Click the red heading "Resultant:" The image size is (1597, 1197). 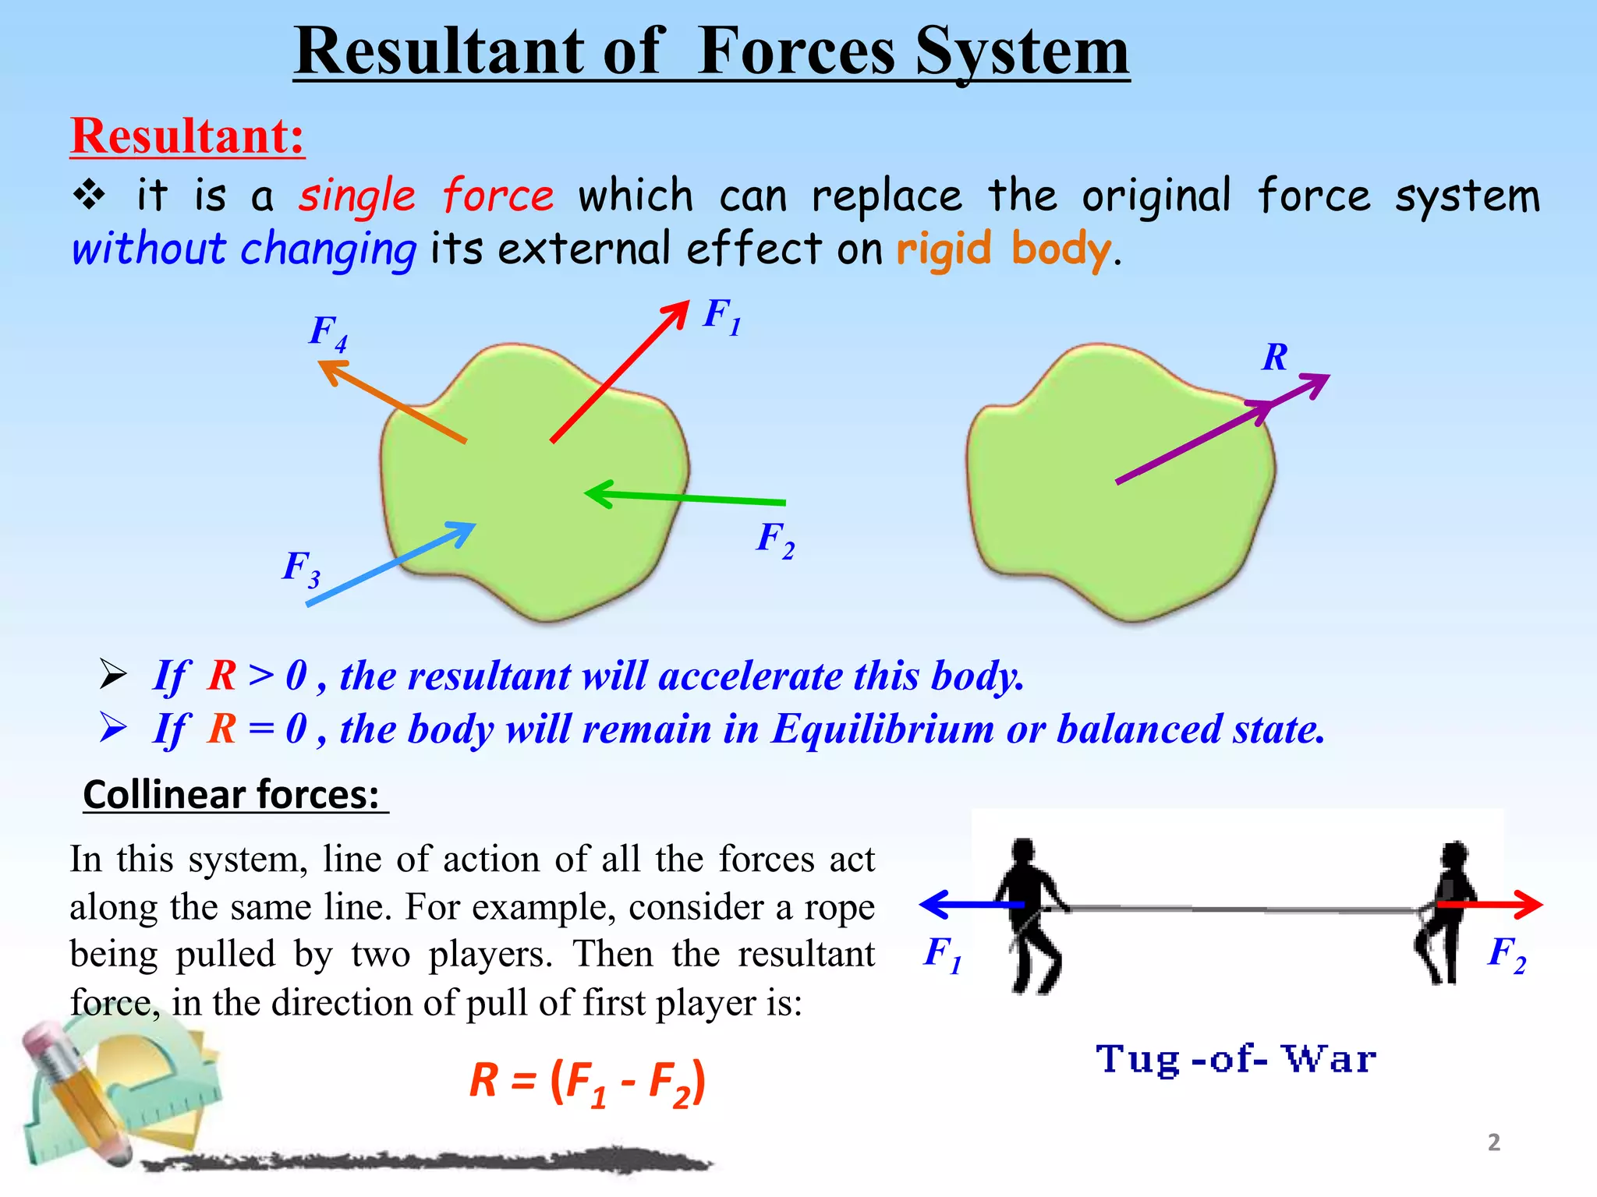coord(187,136)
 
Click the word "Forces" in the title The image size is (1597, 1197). coord(796,51)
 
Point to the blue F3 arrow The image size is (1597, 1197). coord(390,563)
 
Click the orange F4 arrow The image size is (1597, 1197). coord(394,402)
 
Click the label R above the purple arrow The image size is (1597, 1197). coord(1275,358)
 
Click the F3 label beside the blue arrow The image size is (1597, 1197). coord(301,568)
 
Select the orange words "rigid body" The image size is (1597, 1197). coord(1003,249)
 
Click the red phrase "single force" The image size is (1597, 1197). coord(426,195)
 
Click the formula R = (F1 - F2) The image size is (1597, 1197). coord(587,1082)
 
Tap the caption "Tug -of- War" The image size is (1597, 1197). coord(1236,1060)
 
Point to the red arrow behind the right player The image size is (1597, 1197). coord(1489,905)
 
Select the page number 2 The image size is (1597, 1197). coord(1493,1142)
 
